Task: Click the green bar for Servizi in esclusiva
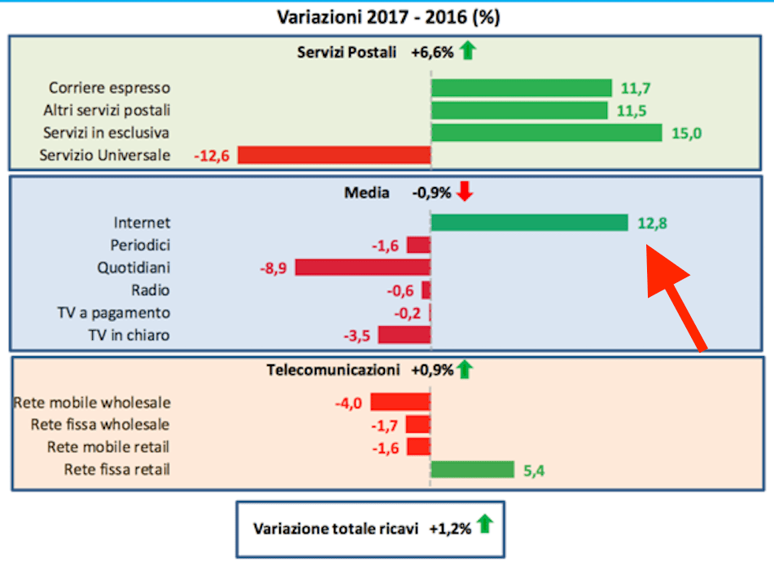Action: coord(546,133)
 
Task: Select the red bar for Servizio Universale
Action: coord(334,155)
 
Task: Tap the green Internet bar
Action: coord(529,222)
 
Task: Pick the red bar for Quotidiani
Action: coord(362,267)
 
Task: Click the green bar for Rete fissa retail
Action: coord(472,469)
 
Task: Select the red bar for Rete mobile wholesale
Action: coord(400,402)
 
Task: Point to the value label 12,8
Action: coord(653,223)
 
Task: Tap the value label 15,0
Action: coord(686,133)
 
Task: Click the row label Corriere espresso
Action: coord(110,88)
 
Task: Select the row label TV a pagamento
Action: coord(120,312)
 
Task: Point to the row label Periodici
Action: coord(140,245)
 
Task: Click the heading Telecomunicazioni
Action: coord(334,370)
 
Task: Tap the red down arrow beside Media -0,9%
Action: coord(465,192)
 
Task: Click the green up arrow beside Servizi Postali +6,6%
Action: coord(466,52)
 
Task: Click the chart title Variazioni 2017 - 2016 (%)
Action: coord(387,17)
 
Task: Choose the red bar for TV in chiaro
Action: coord(404,334)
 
